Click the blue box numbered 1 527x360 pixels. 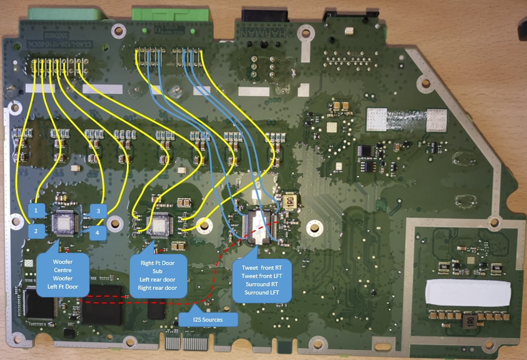click(36, 210)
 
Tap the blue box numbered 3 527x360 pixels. click(99, 210)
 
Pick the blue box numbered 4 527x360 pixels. click(99, 233)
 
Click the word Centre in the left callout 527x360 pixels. click(63, 270)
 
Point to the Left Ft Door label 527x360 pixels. click(63, 287)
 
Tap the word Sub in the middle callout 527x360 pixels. click(157, 269)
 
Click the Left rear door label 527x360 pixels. click(157, 279)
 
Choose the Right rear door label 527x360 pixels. click(157, 288)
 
